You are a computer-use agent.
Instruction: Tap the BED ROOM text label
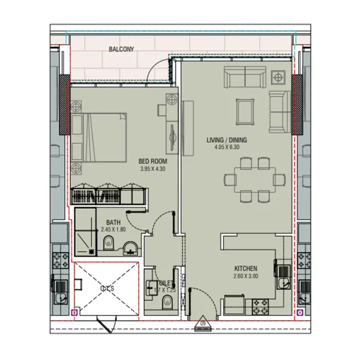(x=152, y=161)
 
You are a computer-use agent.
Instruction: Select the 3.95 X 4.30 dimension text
(x=152, y=169)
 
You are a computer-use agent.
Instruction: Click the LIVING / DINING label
(x=227, y=140)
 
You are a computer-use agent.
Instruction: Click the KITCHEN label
(x=246, y=268)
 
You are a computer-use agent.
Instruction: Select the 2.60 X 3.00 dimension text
(x=245, y=276)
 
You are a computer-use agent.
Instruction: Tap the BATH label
(x=114, y=221)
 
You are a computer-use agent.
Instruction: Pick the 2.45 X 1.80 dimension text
(x=114, y=229)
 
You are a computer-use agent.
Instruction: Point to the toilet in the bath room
(x=109, y=243)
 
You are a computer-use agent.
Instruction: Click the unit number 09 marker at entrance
(x=203, y=324)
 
